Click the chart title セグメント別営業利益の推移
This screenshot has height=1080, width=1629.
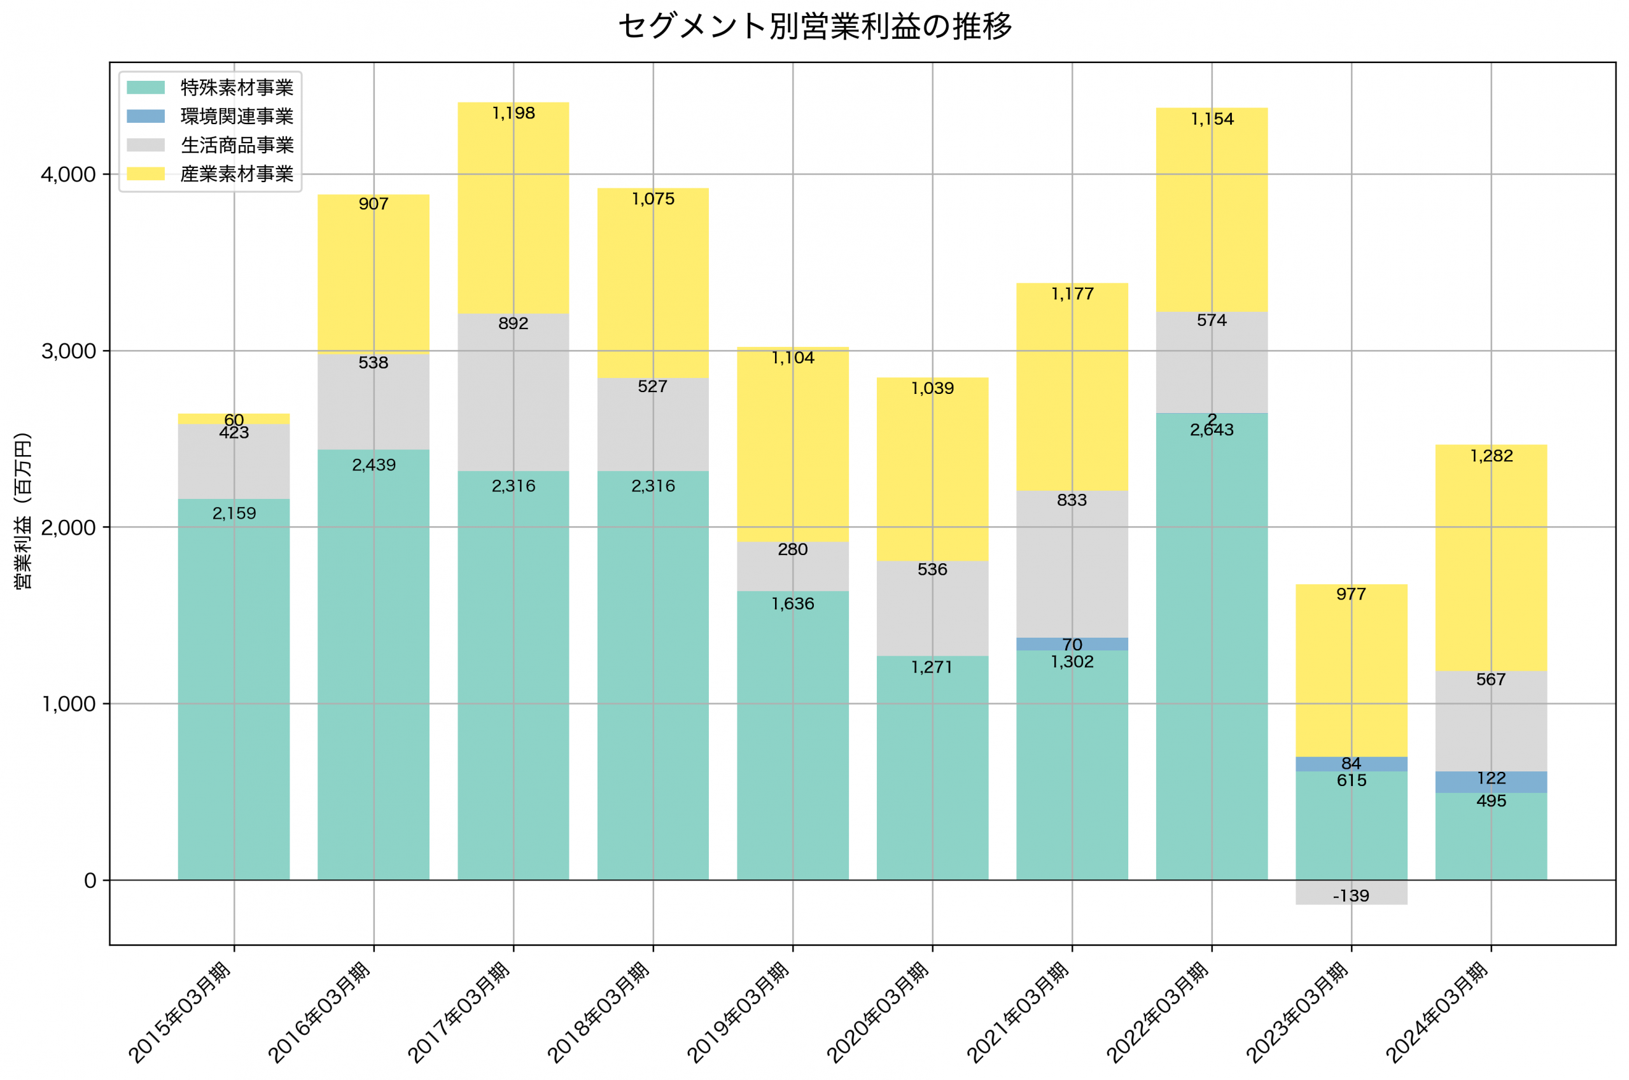(814, 26)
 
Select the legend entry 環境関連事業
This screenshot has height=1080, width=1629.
(236, 116)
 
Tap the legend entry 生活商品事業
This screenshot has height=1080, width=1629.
(236, 145)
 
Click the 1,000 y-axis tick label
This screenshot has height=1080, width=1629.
(68, 704)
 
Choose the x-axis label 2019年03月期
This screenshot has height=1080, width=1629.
(738, 1013)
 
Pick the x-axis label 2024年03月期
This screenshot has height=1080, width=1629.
(1437, 1013)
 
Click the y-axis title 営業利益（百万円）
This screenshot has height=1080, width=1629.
(23, 511)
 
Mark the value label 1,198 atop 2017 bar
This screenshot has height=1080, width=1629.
(513, 113)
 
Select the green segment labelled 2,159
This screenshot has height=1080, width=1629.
(234, 689)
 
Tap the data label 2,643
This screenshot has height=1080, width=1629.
(1211, 430)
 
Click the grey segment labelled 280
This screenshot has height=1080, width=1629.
(792, 566)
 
